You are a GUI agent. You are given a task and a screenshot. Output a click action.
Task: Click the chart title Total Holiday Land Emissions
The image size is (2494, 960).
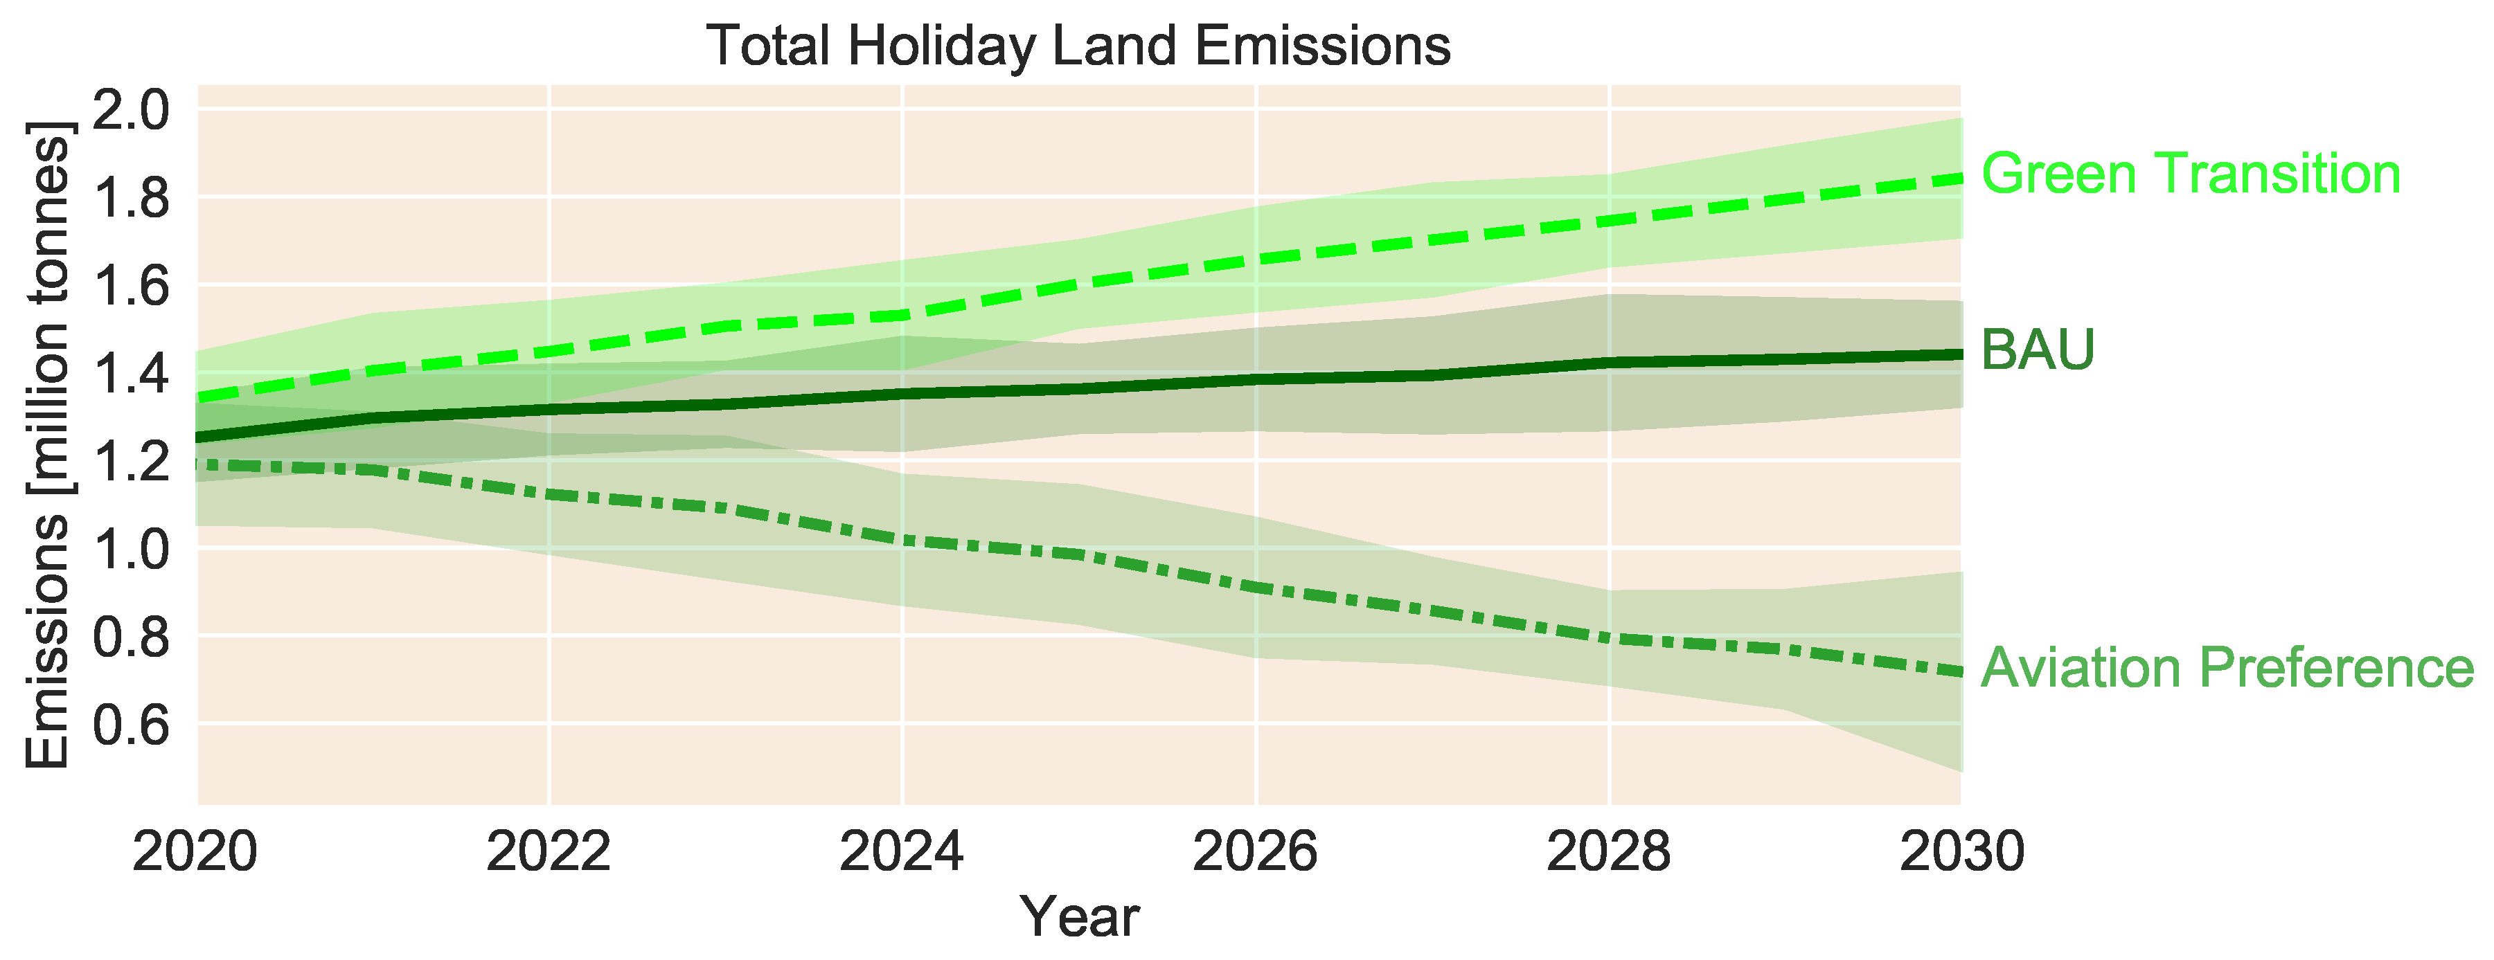(1078, 46)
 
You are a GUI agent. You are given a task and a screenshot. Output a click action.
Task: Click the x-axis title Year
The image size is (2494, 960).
(1080, 916)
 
